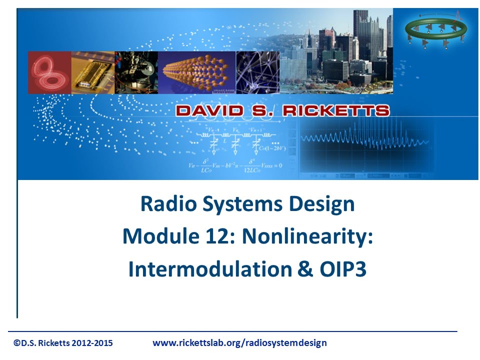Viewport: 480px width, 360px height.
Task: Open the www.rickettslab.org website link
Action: click(239, 343)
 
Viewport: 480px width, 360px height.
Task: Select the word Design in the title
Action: click(317, 204)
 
